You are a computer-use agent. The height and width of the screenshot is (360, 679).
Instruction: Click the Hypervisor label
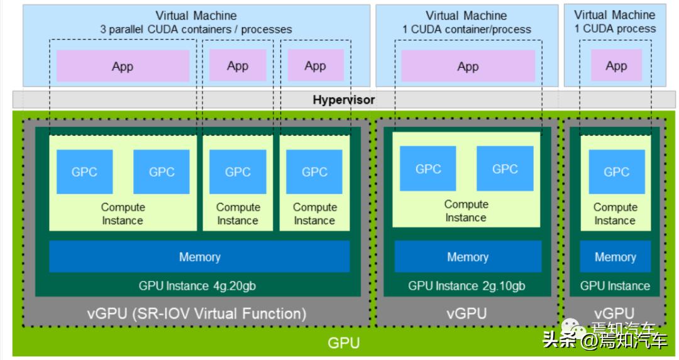343,100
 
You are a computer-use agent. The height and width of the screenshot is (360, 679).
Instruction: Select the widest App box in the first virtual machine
123,67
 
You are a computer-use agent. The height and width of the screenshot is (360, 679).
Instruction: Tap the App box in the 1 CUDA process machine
616,66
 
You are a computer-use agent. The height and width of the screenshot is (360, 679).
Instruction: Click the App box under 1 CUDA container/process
468,67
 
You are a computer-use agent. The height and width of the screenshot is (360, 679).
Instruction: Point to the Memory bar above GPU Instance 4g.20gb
199,256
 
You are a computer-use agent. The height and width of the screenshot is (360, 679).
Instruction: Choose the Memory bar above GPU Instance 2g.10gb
467,256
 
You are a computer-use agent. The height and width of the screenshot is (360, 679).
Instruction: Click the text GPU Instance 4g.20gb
197,286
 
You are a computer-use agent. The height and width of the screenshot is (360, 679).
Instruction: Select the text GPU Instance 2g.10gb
466,286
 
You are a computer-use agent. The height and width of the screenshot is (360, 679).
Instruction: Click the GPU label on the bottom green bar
343,343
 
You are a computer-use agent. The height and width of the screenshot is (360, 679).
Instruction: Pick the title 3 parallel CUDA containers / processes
196,29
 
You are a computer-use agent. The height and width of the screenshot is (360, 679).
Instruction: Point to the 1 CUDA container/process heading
466,29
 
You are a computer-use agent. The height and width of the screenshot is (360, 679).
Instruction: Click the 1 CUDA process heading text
615,28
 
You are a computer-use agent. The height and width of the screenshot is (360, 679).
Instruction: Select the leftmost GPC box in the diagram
84,172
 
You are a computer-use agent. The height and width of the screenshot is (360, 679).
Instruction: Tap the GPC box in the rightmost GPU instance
616,172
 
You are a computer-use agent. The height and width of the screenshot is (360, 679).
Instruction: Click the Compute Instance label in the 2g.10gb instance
466,211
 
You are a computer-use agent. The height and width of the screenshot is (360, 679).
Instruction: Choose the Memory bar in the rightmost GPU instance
615,256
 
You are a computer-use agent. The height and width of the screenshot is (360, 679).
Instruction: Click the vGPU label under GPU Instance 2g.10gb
466,314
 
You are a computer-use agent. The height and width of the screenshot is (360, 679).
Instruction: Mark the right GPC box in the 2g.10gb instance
505,168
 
